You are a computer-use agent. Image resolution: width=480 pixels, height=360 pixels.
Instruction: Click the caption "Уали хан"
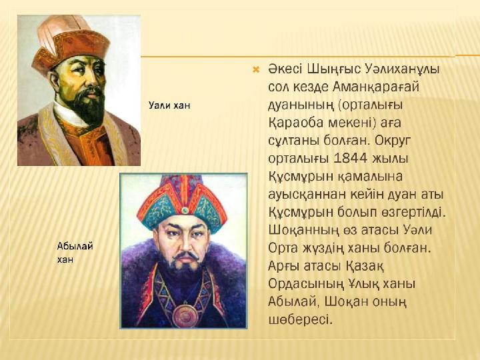(x=169, y=105)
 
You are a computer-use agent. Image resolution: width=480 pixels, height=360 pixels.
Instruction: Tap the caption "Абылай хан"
(x=75, y=253)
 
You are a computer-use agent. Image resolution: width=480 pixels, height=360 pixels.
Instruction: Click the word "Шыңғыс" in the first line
(x=334, y=70)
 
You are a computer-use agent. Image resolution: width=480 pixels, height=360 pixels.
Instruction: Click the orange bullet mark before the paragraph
(x=255, y=71)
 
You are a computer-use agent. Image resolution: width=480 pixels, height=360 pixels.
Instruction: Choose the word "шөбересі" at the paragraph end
(x=300, y=319)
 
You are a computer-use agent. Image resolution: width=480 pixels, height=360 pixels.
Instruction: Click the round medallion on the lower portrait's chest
(x=185, y=315)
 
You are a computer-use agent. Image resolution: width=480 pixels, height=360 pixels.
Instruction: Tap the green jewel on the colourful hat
(x=185, y=210)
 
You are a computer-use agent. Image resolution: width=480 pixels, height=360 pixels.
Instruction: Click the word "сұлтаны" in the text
(x=293, y=141)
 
